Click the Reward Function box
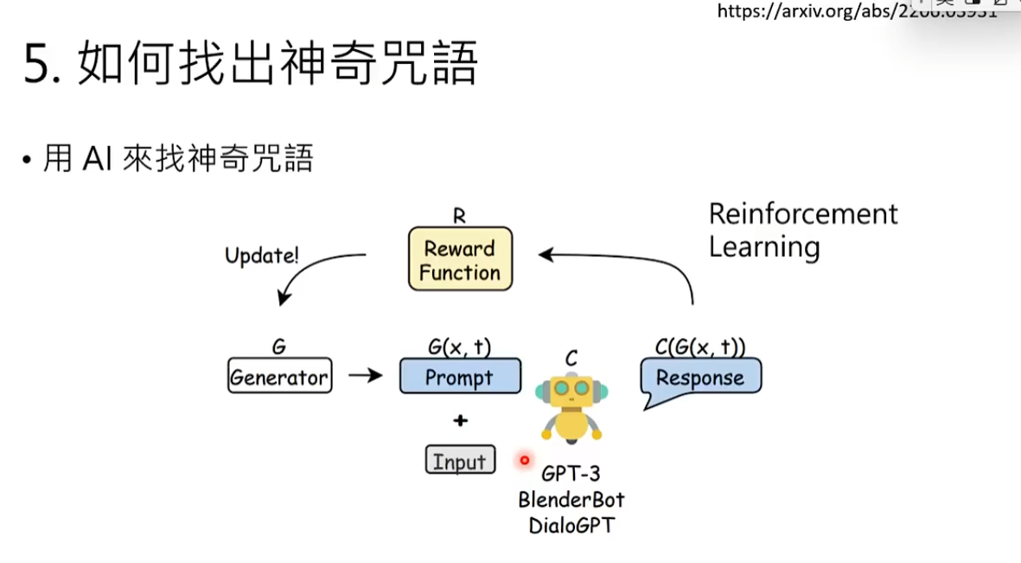(460, 259)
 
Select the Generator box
(279, 377)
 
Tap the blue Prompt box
(460, 377)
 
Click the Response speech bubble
(700, 378)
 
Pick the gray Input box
(460, 461)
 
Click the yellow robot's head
(571, 391)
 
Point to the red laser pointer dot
(524, 460)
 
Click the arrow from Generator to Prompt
(365, 376)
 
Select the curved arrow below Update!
(311, 272)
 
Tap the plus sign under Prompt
(460, 420)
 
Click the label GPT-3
(571, 474)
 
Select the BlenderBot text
(571, 500)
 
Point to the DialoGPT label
(571, 525)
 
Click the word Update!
(262, 255)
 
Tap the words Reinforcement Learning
(802, 230)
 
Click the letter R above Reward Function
(459, 216)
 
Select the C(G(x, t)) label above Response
(700, 348)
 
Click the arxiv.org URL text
(856, 11)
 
